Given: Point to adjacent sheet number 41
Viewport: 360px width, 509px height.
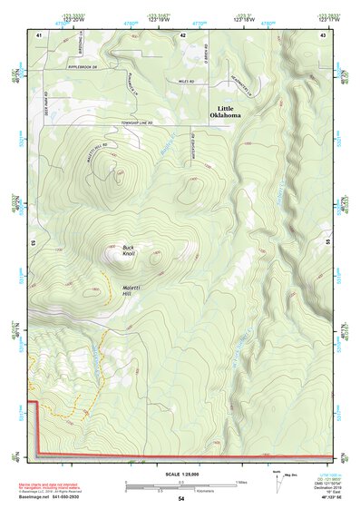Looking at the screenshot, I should [x=39, y=34].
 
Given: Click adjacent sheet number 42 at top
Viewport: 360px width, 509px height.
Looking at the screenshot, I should [x=182, y=34].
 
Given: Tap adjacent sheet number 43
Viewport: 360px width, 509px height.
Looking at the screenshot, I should [x=322, y=34].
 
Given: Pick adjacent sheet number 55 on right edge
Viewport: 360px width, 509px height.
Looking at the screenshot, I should [x=328, y=243].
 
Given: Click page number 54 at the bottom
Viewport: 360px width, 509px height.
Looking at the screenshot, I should [x=180, y=498].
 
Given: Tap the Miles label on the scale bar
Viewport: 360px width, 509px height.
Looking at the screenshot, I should [x=240, y=482].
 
